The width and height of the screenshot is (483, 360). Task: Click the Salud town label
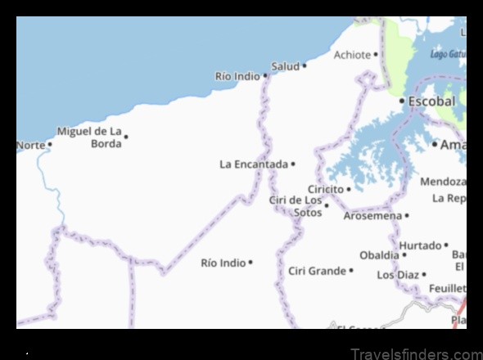[285, 65]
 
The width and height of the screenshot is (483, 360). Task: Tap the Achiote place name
[352, 55]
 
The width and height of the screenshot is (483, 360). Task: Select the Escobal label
[432, 101]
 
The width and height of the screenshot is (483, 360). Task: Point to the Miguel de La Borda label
[89, 137]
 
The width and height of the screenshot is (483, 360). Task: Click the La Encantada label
[254, 164]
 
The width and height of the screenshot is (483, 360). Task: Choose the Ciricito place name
[325, 188]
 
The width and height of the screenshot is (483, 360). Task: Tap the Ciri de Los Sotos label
[296, 206]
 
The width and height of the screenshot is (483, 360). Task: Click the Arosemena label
[372, 216]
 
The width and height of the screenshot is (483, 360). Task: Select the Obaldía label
[378, 254]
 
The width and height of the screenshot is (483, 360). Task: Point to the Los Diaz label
[397, 275]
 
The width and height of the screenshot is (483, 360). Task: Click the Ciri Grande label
[317, 270]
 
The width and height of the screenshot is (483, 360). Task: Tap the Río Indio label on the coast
[237, 76]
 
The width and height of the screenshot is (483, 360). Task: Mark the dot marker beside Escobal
[402, 101]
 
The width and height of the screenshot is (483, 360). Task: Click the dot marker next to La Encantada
[293, 164]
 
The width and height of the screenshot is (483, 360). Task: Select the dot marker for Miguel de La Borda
[126, 137]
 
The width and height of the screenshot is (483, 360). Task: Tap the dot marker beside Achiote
[376, 55]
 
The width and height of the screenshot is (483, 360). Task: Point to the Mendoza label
[442, 181]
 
